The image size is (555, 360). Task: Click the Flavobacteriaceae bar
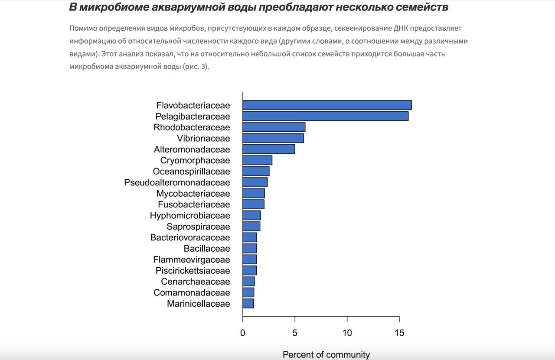pyautogui.click(x=327, y=105)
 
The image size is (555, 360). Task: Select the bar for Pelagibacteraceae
pyautogui.click(x=325, y=116)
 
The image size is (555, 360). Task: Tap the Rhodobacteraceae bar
pyautogui.click(x=274, y=127)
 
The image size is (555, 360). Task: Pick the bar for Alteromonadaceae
pyautogui.click(x=269, y=149)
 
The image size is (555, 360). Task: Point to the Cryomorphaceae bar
pyautogui.click(x=258, y=160)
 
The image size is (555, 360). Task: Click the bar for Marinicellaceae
pyautogui.click(x=248, y=304)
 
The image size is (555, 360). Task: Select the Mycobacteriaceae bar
pyautogui.click(x=254, y=193)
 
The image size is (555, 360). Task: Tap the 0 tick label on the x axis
pyautogui.click(x=243, y=333)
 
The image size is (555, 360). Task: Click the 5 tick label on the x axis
pyautogui.click(x=295, y=333)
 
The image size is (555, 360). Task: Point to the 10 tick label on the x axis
pyautogui.click(x=347, y=333)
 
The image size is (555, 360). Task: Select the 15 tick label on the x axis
pyautogui.click(x=399, y=333)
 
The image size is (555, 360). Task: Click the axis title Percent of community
pyautogui.click(x=326, y=355)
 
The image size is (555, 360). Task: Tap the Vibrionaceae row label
pyautogui.click(x=203, y=139)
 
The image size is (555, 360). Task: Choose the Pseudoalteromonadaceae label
pyautogui.click(x=177, y=182)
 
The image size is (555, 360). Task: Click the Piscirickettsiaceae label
pyautogui.click(x=193, y=271)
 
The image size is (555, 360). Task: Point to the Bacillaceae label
pyautogui.click(x=207, y=249)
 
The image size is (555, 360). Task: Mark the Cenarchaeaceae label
pyautogui.click(x=196, y=282)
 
